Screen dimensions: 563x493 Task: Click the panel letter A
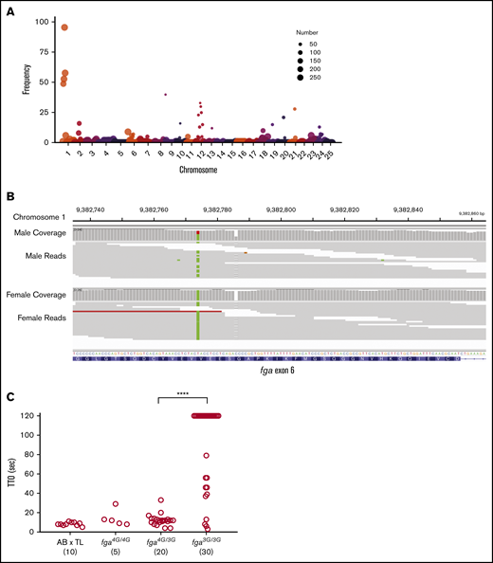click(9, 8)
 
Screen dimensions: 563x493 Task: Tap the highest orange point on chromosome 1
click(64, 27)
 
